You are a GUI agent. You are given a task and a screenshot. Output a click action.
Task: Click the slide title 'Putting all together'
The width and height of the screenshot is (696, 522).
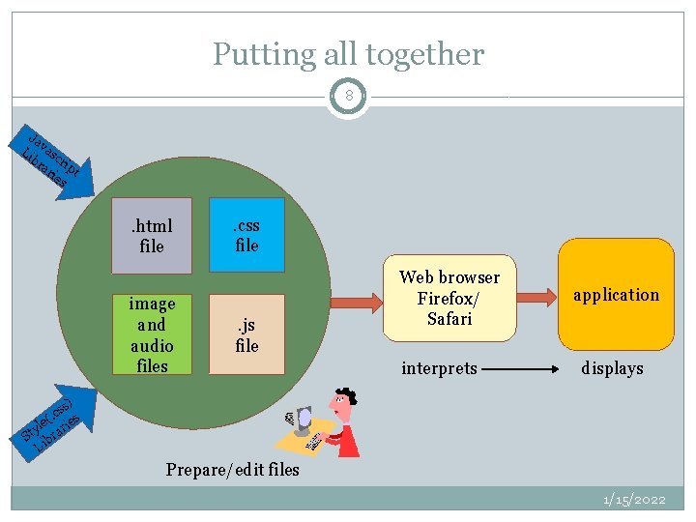[348, 54]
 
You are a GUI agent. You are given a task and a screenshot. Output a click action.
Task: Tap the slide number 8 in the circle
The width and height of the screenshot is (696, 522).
[348, 96]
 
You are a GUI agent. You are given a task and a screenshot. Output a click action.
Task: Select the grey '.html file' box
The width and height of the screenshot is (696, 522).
[152, 236]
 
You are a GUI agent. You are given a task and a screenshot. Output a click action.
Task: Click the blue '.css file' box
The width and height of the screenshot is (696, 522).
[247, 235]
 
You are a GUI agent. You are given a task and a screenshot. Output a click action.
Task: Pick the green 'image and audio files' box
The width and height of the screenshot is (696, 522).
[152, 334]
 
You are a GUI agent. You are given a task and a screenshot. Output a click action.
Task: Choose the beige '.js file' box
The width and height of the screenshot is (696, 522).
[247, 334]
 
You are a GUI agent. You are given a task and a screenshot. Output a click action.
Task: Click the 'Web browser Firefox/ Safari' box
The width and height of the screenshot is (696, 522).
[449, 298]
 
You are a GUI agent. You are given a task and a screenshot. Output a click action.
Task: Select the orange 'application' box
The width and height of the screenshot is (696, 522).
[616, 295]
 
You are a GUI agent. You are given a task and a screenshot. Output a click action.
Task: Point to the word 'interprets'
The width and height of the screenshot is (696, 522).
[440, 368]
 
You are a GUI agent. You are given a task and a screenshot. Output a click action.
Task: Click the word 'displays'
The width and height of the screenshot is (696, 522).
[612, 368]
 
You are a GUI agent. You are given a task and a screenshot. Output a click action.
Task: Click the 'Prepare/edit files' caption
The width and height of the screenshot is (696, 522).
[232, 471]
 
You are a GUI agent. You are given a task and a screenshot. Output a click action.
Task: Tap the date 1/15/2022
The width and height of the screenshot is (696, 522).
[634, 500]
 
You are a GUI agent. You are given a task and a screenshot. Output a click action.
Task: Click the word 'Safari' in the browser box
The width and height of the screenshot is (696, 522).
[449, 319]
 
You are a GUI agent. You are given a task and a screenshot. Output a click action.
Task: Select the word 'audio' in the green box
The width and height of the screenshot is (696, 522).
[152, 345]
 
